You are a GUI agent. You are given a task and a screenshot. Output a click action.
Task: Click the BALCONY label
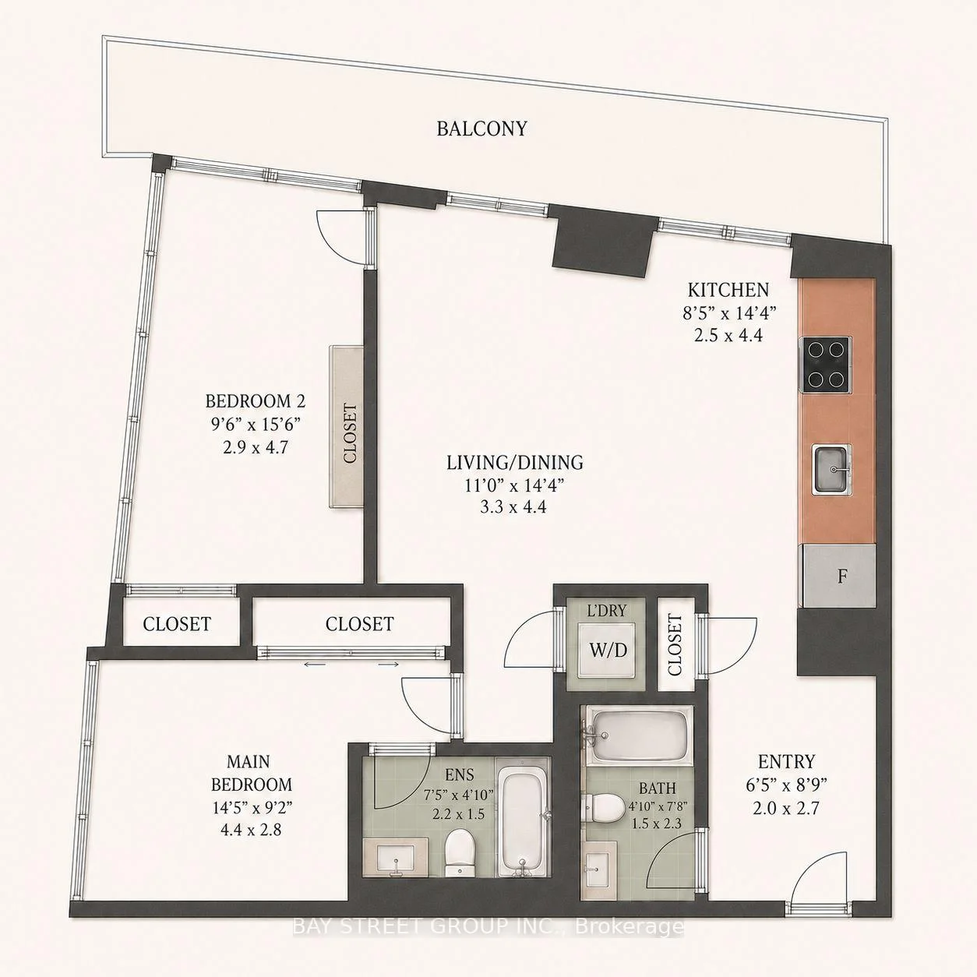[481, 129]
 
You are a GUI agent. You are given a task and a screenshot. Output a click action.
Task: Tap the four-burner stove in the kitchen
[824, 364]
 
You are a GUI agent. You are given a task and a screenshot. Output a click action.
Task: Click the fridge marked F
[838, 576]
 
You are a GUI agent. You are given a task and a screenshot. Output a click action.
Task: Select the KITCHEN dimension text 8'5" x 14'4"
[729, 313]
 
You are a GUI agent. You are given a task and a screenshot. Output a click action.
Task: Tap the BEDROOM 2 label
[255, 401]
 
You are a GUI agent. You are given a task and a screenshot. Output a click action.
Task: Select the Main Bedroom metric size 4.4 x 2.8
[252, 830]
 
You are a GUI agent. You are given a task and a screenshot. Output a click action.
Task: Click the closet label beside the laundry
[675, 644]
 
